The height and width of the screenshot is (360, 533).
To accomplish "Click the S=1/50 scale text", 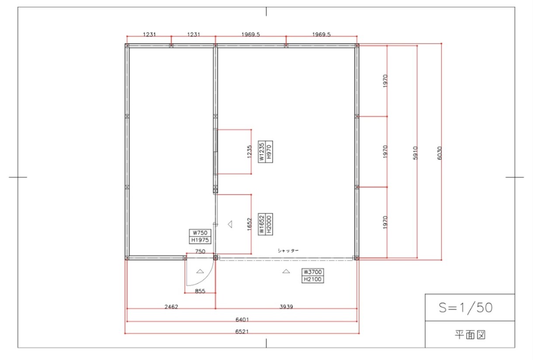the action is (465, 308).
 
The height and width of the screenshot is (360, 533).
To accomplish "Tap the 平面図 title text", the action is (470, 335).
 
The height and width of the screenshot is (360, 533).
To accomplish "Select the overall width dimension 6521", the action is (242, 332).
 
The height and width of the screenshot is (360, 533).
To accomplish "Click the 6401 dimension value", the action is (242, 319).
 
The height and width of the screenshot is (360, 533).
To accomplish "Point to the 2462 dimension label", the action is (171, 307).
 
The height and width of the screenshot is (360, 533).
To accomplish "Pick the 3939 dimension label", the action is (286, 307).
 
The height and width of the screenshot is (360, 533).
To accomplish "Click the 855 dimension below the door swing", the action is (200, 291).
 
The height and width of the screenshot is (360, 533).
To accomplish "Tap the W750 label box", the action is (200, 233).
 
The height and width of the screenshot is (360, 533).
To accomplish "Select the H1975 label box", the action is (200, 240).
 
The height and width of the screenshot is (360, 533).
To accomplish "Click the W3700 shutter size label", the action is (313, 272).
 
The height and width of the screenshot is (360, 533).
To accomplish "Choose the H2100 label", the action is (313, 279).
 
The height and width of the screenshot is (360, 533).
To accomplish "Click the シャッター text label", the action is (288, 250).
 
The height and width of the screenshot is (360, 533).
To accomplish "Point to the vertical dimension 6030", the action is (440, 153).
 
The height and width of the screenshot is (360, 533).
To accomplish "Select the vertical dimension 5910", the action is (415, 153).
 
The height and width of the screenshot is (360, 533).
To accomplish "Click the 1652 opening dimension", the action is (249, 224).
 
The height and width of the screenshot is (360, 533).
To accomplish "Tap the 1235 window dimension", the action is (249, 152).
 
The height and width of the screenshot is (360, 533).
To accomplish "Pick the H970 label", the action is (269, 152).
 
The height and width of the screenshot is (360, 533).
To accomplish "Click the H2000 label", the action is (269, 224).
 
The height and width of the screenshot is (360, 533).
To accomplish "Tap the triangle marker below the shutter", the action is (286, 271).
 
